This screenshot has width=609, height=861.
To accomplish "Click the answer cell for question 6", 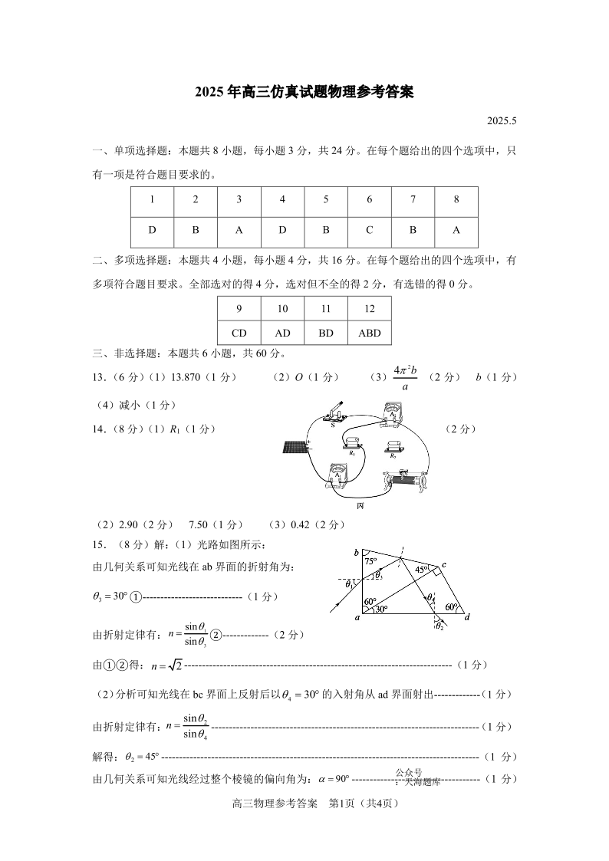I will (x=369, y=230).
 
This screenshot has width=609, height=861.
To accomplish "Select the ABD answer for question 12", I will (x=369, y=334).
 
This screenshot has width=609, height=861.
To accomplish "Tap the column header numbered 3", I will (x=239, y=199).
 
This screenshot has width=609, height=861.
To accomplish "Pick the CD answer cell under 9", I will (x=239, y=334).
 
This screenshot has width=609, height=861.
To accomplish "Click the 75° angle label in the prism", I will (x=371, y=561).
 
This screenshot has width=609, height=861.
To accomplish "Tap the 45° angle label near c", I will (x=421, y=570).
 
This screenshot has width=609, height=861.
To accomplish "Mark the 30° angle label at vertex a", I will (x=381, y=610).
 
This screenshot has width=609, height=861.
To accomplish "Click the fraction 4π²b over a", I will (x=405, y=377).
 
